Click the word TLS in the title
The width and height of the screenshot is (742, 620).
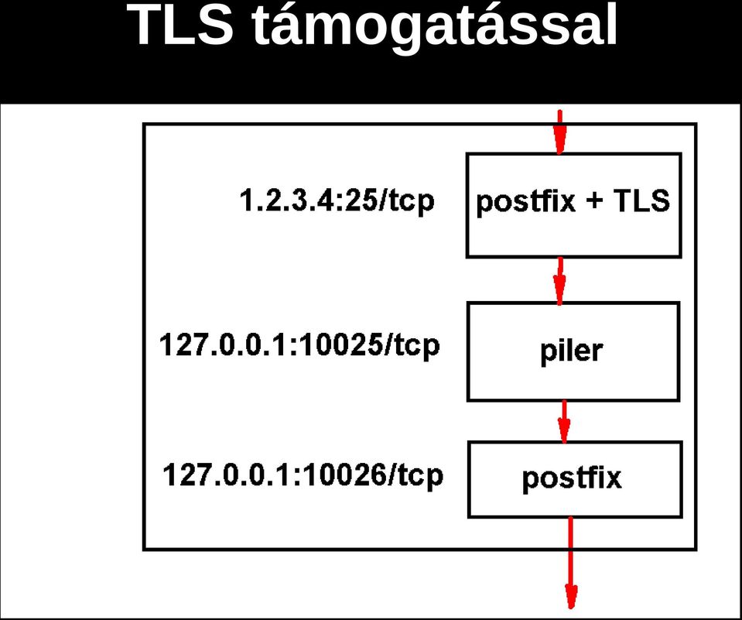[x=181, y=24]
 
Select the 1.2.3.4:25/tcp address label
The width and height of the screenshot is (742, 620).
[x=337, y=201]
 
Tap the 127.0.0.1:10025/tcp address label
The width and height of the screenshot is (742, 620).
[x=299, y=345]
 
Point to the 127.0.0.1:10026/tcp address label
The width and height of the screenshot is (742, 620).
[x=303, y=475]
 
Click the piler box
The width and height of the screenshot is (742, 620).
[x=573, y=351]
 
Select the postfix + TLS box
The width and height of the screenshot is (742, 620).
[x=573, y=205]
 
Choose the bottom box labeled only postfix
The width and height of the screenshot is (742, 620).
[x=575, y=479]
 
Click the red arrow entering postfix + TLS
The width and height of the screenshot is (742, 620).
[x=560, y=132]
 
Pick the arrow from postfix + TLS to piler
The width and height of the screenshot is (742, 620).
[x=560, y=281]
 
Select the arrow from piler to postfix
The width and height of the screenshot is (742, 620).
[x=563, y=422]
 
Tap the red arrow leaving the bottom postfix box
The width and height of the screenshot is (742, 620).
[x=571, y=563]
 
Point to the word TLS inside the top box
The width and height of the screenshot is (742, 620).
[x=641, y=200]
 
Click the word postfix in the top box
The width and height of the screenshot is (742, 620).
[x=525, y=203]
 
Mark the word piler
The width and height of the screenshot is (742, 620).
[x=571, y=352]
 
